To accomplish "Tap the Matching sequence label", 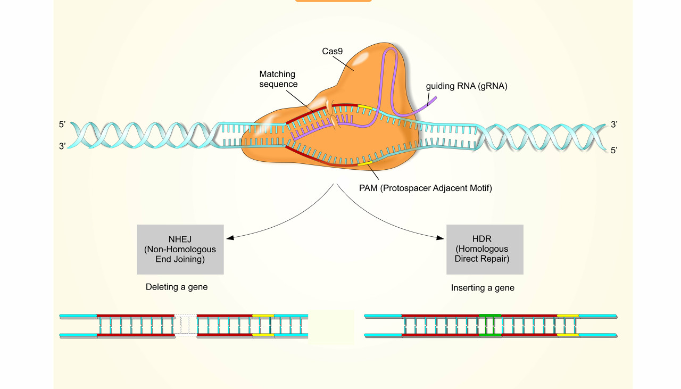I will click(x=277, y=79).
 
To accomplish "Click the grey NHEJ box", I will click(x=180, y=249).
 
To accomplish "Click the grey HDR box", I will click(x=485, y=249).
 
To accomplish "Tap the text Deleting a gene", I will click(x=177, y=287).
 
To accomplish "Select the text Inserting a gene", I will click(x=483, y=288).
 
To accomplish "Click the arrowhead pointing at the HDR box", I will click(x=441, y=237).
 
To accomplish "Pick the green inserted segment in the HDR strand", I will click(x=490, y=325).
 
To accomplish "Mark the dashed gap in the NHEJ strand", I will click(x=186, y=325).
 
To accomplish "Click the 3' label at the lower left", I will click(x=63, y=145).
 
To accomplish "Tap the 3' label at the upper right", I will click(x=614, y=125).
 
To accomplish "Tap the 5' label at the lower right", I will click(x=614, y=151).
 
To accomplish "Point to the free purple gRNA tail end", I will click(x=434, y=99).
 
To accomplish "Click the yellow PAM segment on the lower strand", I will click(x=364, y=163).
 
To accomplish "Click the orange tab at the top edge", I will click(x=333, y=1).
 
